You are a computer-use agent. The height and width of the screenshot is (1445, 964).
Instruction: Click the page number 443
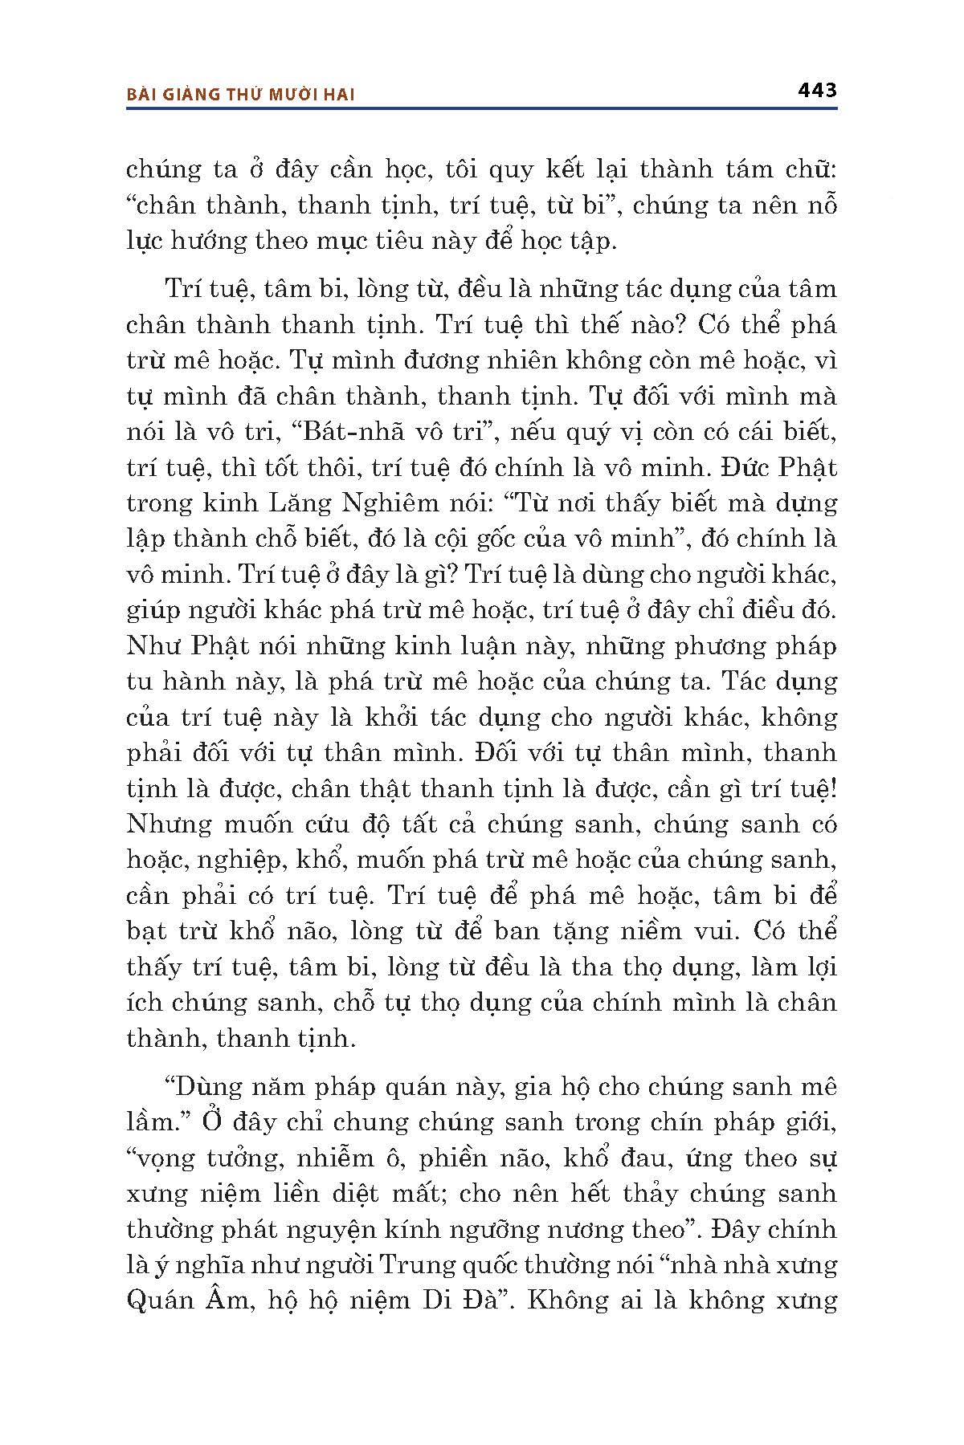tap(818, 90)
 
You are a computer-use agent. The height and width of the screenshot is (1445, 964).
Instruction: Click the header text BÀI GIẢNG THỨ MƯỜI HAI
tap(241, 95)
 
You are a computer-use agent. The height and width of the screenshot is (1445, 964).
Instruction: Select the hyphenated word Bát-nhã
tap(347, 433)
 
